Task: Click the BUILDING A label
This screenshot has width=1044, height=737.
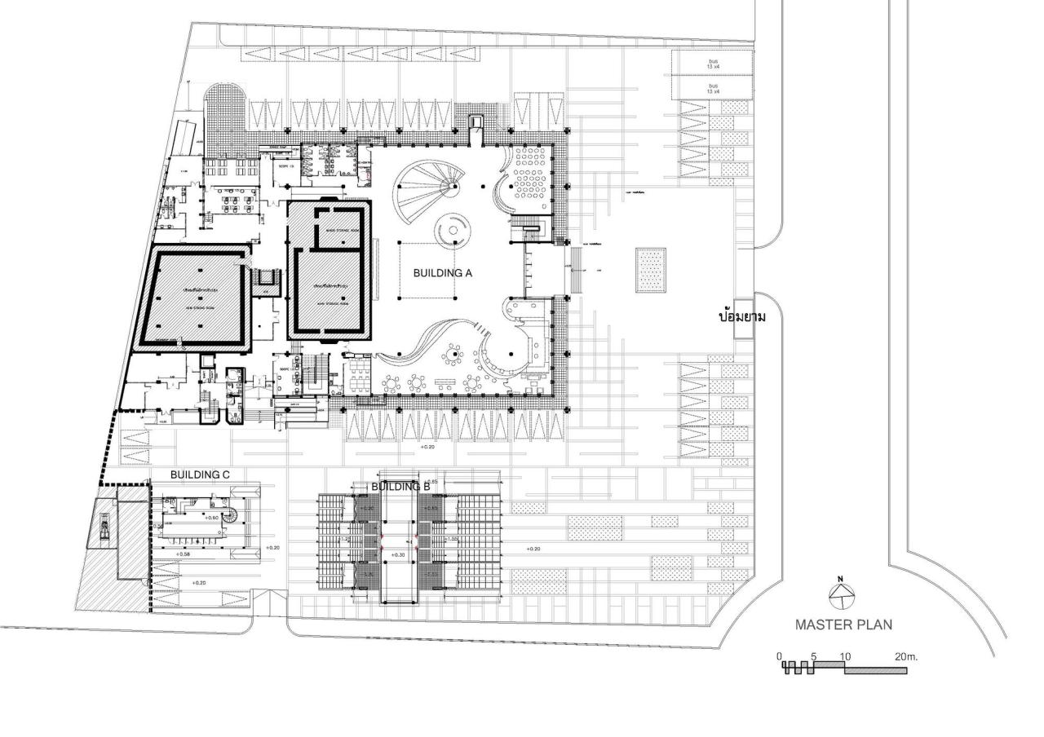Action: [443, 273]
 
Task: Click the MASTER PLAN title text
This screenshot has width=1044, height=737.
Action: [843, 625]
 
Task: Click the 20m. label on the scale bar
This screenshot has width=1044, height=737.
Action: [905, 656]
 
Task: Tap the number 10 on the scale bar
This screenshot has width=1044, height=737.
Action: [844, 656]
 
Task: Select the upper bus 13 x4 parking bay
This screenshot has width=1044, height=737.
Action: [713, 63]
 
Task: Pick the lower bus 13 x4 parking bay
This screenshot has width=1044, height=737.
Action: [713, 88]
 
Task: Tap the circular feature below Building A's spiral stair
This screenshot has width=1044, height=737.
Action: [454, 231]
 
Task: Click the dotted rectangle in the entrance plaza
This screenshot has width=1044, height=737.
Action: [651, 269]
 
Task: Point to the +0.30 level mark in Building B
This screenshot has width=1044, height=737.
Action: [398, 554]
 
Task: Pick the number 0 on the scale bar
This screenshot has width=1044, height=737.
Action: [779, 656]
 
